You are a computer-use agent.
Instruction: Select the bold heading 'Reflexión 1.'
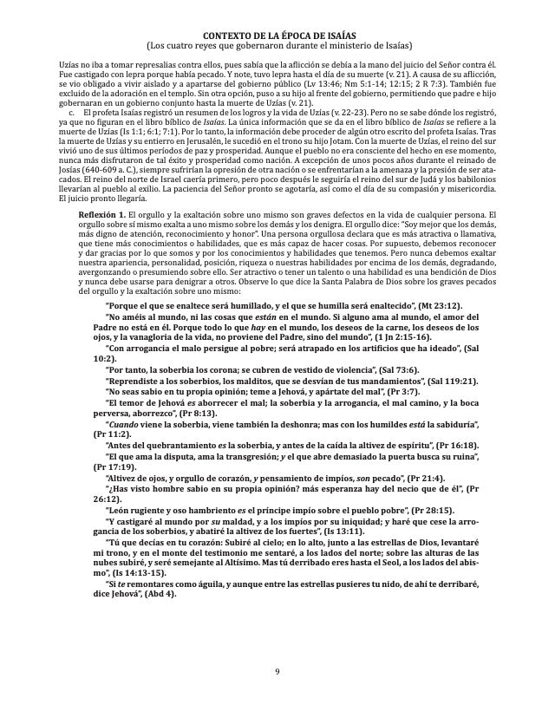click(x=102, y=213)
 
